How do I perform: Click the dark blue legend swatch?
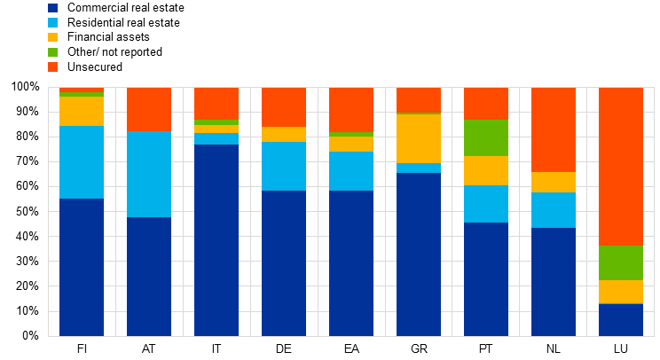(52, 8)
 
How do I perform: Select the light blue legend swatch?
(52, 23)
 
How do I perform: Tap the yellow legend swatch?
(52, 37)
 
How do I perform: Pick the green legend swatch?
(52, 52)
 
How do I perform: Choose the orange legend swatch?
(52, 67)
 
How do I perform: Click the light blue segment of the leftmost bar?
(82, 161)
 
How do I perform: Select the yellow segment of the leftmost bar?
(82, 111)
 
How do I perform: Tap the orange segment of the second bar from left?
(149, 109)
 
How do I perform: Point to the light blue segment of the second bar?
(149, 174)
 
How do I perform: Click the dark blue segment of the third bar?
(216, 239)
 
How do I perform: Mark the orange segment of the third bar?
(216, 103)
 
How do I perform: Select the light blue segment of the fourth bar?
(284, 166)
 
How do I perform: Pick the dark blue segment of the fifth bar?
(351, 262)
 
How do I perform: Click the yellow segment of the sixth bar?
(419, 138)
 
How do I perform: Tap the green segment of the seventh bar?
(486, 137)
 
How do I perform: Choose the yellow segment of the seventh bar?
(486, 170)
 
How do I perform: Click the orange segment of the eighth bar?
(554, 129)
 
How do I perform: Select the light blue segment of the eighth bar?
(554, 210)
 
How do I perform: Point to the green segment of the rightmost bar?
(621, 262)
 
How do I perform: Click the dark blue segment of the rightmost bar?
(621, 319)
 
